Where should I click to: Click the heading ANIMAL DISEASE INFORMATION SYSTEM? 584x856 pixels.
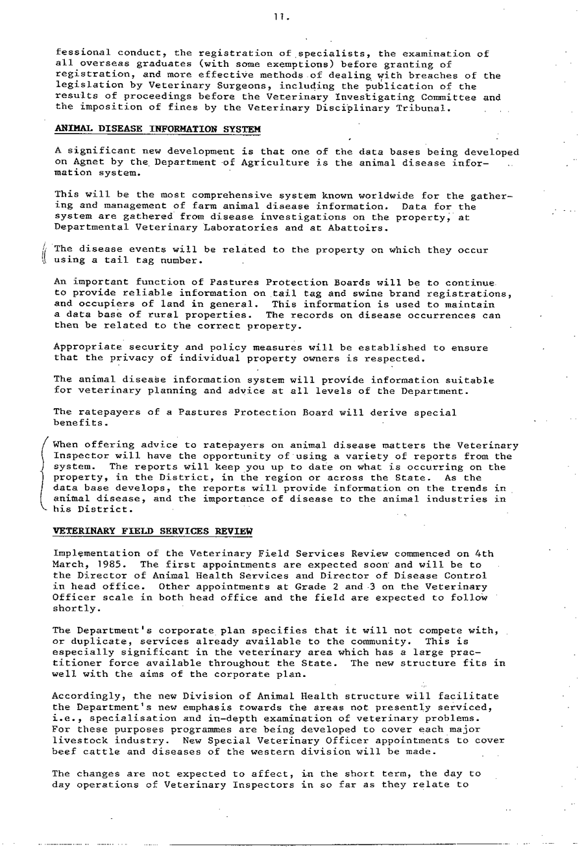pyautogui.click(x=158, y=129)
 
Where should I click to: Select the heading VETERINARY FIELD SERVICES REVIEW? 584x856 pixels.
pyautogui.click(x=152, y=531)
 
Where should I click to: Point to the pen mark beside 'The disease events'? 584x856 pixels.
pyautogui.click(x=44, y=255)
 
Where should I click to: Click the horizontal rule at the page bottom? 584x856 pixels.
pyautogui.click(x=337, y=844)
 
